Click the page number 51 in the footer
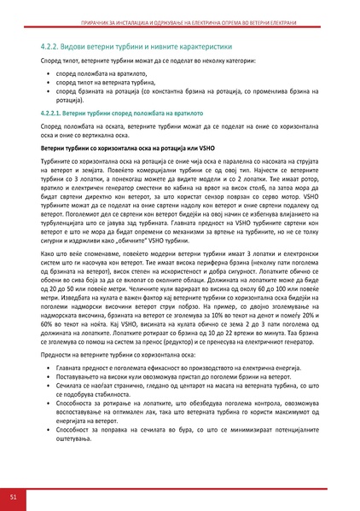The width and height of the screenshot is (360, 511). click(x=14, y=496)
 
